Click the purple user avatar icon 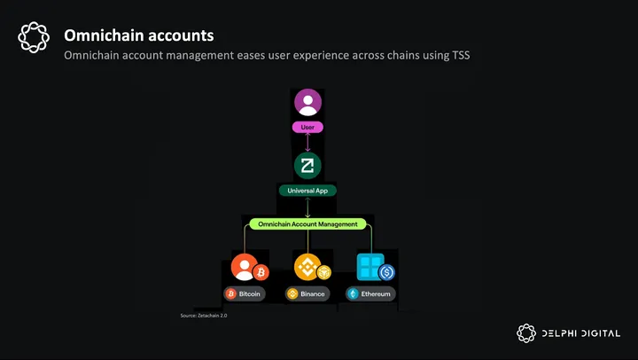click(x=307, y=104)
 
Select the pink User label click(x=307, y=128)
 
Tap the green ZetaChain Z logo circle click(x=307, y=166)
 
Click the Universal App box click(x=307, y=190)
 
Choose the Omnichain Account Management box click(x=307, y=224)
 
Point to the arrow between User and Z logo click(x=307, y=142)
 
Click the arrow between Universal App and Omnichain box click(x=307, y=207)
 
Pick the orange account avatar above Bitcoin click(x=244, y=266)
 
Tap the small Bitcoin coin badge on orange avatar click(x=260, y=273)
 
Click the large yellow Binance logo click(x=307, y=266)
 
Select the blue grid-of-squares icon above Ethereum click(x=369, y=266)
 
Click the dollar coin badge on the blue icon click(x=385, y=273)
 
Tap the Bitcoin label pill click(x=244, y=293)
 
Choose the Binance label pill click(x=307, y=293)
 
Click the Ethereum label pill click(x=370, y=293)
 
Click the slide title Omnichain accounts click(x=138, y=35)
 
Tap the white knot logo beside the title click(x=34, y=39)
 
